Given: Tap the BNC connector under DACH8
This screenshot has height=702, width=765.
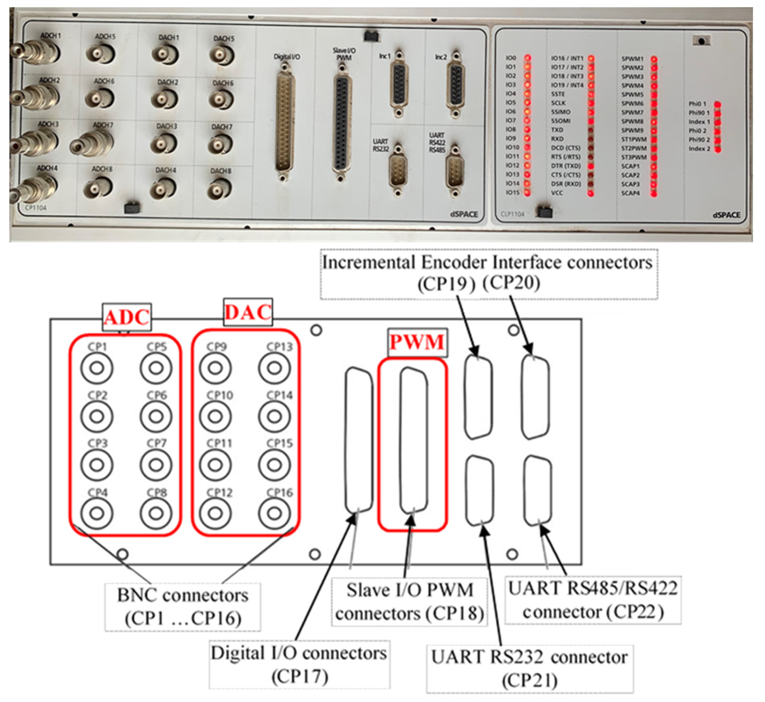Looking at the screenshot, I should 219,188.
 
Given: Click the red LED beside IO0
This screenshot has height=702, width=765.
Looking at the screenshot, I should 527,58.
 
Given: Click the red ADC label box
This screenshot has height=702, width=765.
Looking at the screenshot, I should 127,317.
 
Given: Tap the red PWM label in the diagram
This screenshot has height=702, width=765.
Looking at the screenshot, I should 417,342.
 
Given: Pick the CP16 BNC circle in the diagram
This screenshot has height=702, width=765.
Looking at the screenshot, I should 274,513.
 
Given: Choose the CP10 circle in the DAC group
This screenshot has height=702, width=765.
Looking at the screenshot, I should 215,416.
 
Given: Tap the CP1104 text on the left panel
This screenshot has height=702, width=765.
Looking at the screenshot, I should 35,208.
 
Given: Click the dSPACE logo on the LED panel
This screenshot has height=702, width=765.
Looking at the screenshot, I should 726,215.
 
